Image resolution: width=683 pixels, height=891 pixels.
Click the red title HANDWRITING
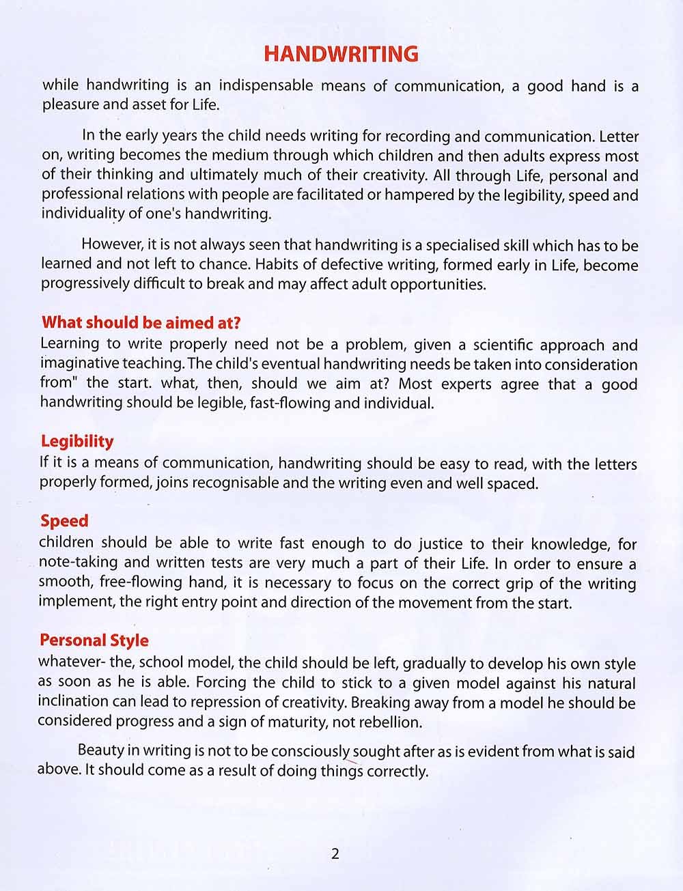point(341,54)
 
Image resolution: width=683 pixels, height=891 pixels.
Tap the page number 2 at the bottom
point(335,853)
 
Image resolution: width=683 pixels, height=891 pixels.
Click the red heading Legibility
point(76,441)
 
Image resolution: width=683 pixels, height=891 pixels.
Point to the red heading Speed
point(64,521)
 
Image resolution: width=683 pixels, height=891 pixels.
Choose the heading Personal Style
point(94,640)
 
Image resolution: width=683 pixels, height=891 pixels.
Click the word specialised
point(450,245)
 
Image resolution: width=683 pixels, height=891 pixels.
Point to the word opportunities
point(437,285)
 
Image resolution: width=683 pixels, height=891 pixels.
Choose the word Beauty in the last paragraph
point(100,750)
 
